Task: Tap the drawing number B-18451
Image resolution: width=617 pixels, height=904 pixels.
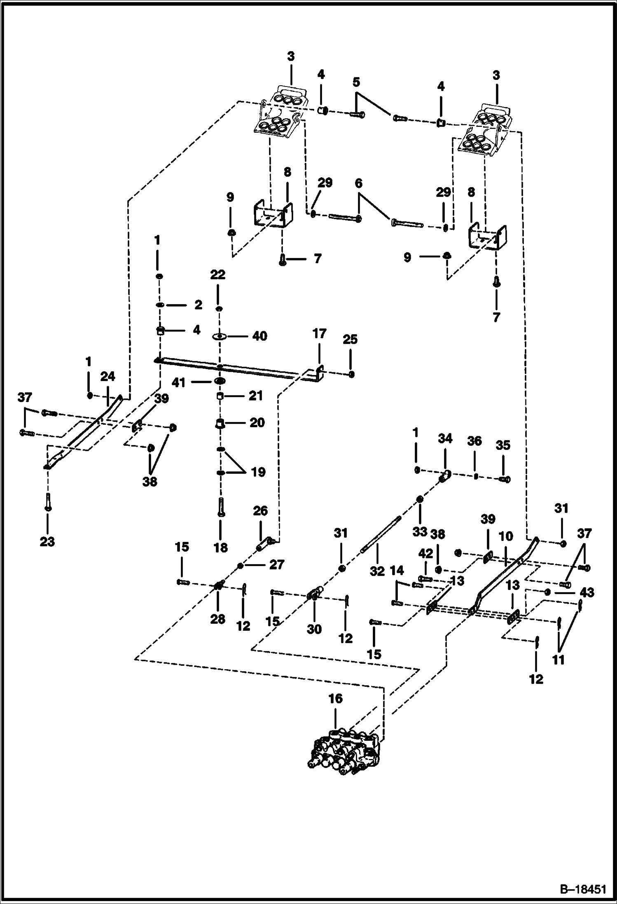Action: (583, 888)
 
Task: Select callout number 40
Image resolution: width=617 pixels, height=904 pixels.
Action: (259, 336)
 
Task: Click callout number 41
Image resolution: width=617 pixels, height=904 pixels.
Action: (179, 382)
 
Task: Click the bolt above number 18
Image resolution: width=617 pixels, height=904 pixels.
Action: (221, 507)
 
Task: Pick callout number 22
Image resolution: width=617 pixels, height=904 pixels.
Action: (218, 274)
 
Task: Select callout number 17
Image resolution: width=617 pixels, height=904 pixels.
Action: (320, 333)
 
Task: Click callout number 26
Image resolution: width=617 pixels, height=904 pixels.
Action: (260, 511)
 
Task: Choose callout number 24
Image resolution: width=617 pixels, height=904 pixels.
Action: (108, 377)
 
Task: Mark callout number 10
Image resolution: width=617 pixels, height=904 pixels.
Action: (506, 536)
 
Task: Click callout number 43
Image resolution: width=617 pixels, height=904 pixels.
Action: (587, 593)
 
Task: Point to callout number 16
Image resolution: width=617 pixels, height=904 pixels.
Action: (336, 698)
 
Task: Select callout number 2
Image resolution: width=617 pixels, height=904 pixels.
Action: (199, 305)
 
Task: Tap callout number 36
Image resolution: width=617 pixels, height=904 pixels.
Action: (474, 441)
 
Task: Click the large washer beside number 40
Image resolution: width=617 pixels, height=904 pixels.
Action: (220, 337)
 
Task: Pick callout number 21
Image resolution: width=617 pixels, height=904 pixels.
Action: (256, 396)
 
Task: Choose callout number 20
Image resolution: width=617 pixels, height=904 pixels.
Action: (257, 423)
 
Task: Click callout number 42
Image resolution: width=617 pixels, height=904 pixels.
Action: (425, 553)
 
